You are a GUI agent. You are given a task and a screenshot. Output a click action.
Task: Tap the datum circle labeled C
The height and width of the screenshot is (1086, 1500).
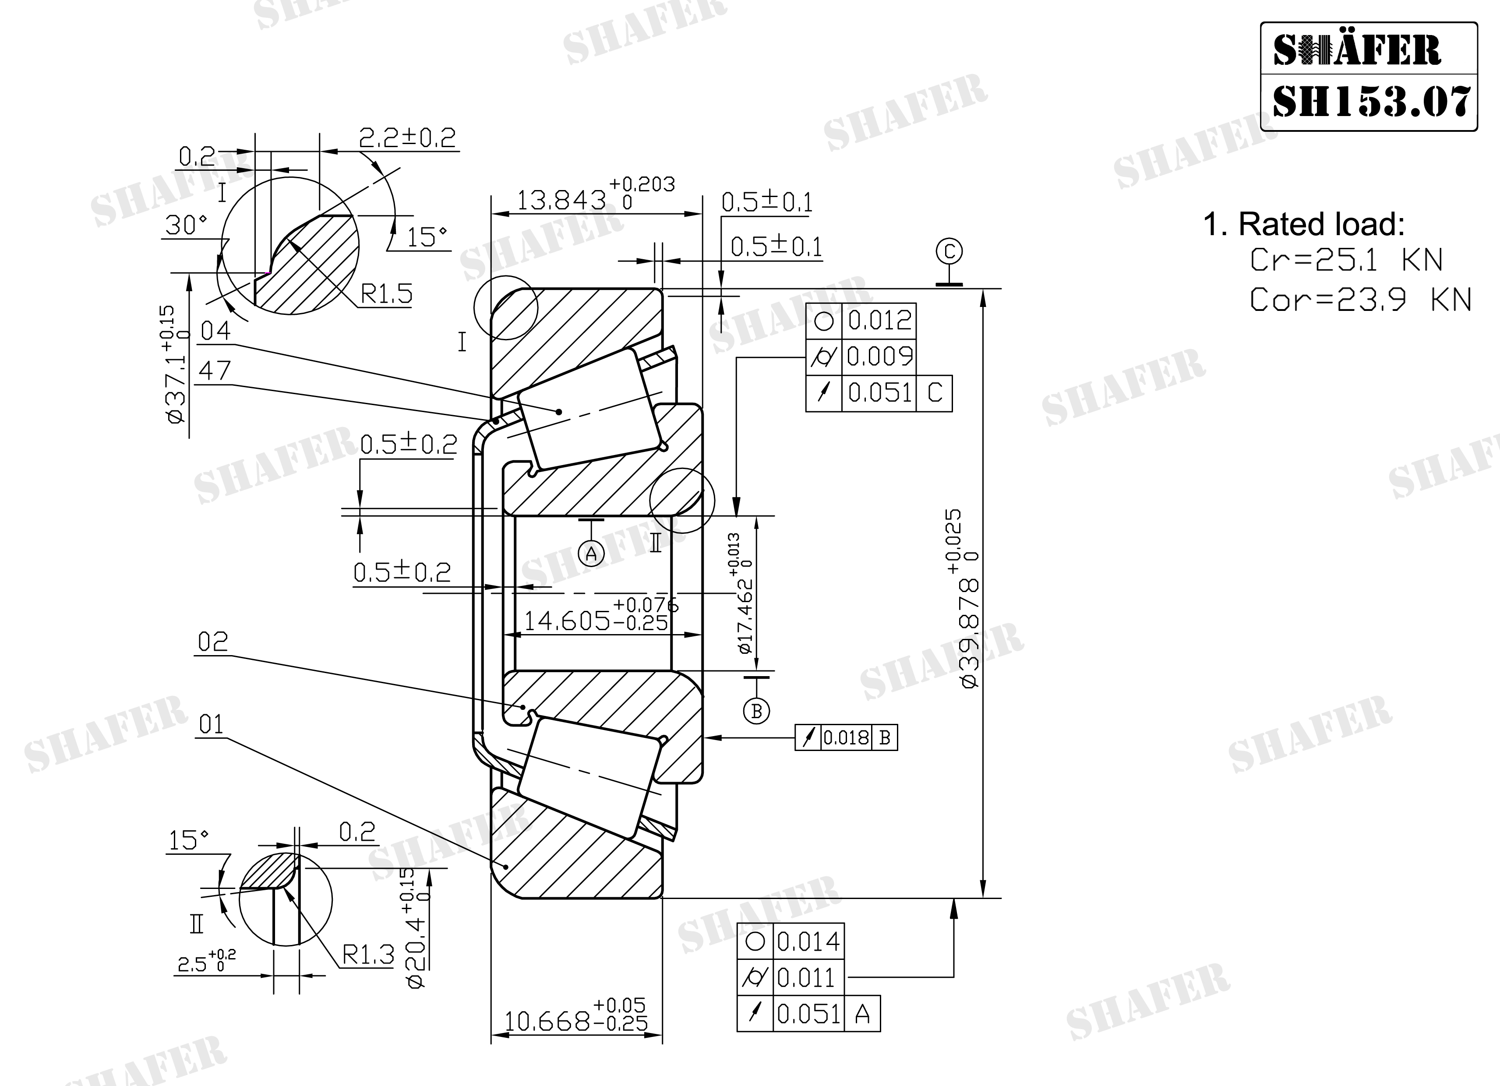coord(949,251)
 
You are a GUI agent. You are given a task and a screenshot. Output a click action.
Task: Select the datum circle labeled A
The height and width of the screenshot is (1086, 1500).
coord(591,553)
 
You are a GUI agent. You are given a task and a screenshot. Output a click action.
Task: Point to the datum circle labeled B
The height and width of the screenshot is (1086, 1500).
coord(757,711)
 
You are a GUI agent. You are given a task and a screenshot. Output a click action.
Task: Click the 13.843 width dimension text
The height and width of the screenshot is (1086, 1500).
coord(561,200)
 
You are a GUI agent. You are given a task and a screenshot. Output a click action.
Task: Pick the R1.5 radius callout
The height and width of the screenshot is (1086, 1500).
coord(387,294)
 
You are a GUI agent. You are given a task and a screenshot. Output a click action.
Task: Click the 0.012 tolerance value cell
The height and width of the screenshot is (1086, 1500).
coord(879,321)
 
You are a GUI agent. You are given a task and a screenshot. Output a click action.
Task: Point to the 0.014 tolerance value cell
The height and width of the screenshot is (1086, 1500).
coord(808,941)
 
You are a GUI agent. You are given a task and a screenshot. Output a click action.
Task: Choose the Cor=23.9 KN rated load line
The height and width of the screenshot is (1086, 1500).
coord(1360,300)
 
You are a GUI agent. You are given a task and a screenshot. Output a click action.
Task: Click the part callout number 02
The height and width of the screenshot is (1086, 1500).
coord(213,642)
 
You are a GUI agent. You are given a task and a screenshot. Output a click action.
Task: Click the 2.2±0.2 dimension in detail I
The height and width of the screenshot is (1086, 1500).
coord(407,138)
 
